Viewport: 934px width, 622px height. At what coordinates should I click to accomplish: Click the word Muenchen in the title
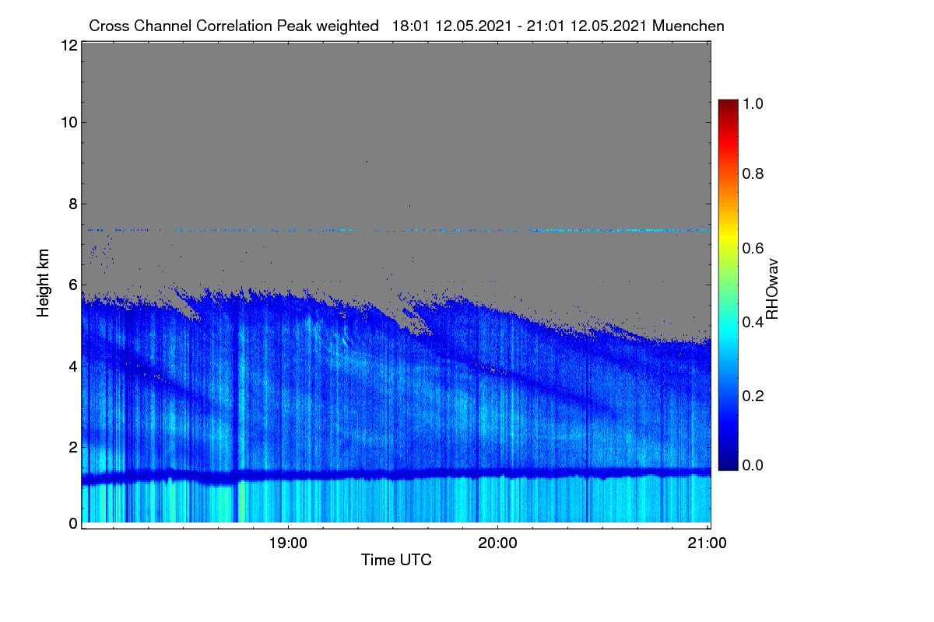point(688,26)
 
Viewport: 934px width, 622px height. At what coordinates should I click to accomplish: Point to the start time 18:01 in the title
point(410,26)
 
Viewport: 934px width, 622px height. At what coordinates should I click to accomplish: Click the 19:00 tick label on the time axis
point(288,543)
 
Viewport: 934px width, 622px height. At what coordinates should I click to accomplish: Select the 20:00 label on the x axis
point(497,543)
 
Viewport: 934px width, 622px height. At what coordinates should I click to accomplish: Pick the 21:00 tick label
point(708,543)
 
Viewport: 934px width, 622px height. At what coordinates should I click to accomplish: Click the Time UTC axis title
point(396,560)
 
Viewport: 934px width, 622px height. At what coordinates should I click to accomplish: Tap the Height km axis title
point(43,283)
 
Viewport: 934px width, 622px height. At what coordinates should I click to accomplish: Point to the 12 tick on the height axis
point(69,45)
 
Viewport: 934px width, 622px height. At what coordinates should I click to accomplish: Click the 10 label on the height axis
point(69,123)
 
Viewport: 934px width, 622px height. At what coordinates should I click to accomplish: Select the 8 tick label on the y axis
point(73,204)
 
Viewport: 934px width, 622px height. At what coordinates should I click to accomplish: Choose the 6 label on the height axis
point(73,285)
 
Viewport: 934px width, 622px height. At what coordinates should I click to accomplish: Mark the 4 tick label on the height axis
point(73,367)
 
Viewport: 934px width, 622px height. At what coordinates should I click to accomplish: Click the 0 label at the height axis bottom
point(73,523)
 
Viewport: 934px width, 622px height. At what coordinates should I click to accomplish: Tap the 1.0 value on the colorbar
point(753,103)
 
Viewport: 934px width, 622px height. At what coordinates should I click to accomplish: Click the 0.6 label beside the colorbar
point(753,248)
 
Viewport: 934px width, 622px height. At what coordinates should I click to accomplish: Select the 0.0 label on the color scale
point(753,465)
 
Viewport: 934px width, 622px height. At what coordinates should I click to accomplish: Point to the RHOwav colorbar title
point(772,289)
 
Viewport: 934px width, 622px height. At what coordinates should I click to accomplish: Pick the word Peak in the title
point(294,26)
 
